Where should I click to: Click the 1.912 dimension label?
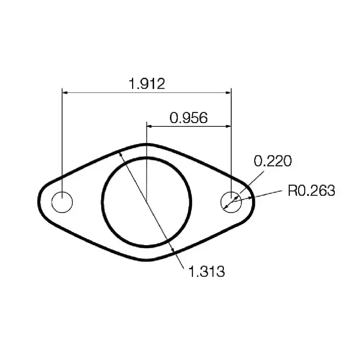pyautogui.click(x=147, y=84)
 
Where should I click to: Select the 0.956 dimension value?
pyautogui.click(x=189, y=118)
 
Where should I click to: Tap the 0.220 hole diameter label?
pyautogui.click(x=273, y=161)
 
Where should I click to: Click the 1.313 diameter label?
pyautogui.click(x=207, y=271)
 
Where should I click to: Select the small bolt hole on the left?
pyautogui.click(x=62, y=202)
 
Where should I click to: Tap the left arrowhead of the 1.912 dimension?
pyautogui.click(x=65, y=93)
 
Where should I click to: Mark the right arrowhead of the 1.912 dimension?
pyautogui.click(x=228, y=93)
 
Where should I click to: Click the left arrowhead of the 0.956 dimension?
pyautogui.click(x=149, y=126)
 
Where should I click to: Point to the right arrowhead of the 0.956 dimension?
pyautogui.click(x=228, y=126)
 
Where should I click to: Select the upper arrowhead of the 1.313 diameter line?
pyautogui.click(x=121, y=154)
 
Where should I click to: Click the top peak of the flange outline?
pyautogui.click(x=147, y=144)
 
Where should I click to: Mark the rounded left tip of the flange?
pyautogui.click(x=39, y=202)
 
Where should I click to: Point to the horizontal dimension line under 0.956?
pyautogui.click(x=189, y=126)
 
